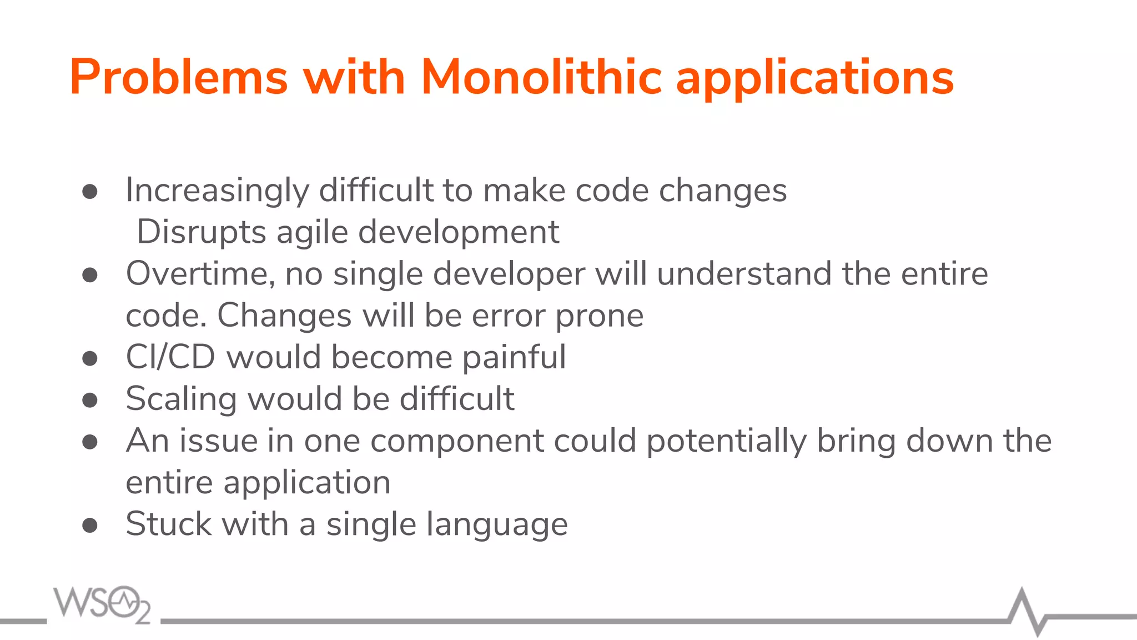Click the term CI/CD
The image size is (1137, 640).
pyautogui.click(x=170, y=357)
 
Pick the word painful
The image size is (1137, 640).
pyautogui.click(x=514, y=357)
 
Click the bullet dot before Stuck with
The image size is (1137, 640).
pyautogui.click(x=90, y=525)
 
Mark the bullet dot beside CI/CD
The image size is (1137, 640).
pyautogui.click(x=90, y=358)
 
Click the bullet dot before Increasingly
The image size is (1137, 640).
pyautogui.click(x=90, y=192)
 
